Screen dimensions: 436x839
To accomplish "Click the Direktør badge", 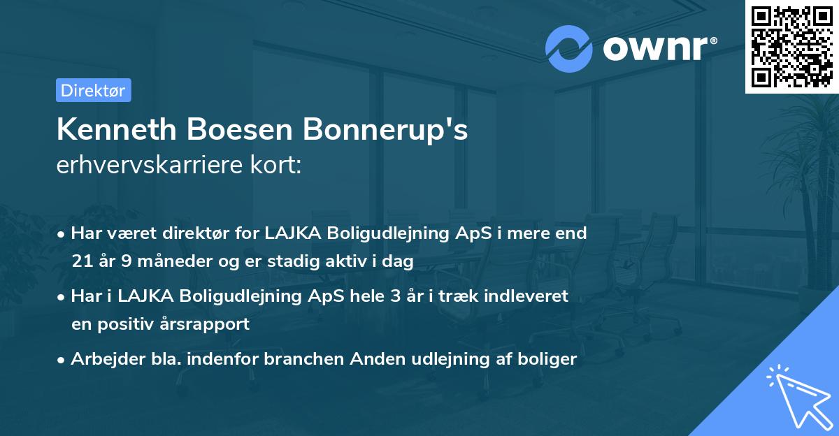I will click(x=93, y=90).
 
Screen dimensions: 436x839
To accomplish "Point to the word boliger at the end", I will click(x=550, y=359).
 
